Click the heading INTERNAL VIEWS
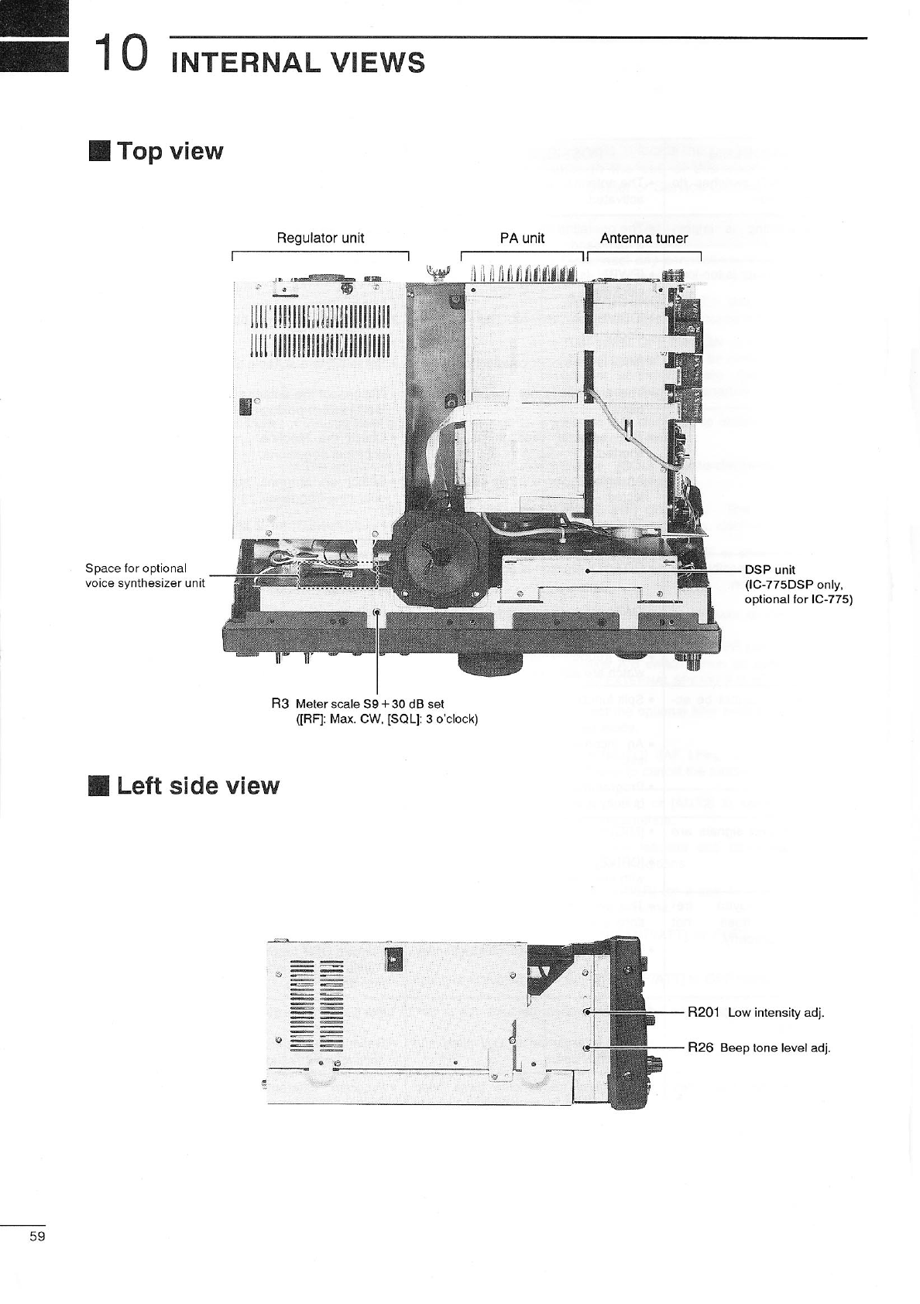click(x=298, y=62)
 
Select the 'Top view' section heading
click(x=170, y=151)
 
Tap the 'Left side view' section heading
click(x=197, y=786)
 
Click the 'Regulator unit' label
click(x=320, y=238)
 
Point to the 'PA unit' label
click(x=522, y=238)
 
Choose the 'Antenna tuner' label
click(x=644, y=238)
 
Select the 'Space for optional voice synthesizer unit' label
click(x=145, y=575)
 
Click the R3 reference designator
click(x=280, y=703)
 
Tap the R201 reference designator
click(x=704, y=1012)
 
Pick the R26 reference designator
click(x=700, y=1048)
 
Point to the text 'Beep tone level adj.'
click(x=775, y=1048)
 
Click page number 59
click(x=37, y=1236)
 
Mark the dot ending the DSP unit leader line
click(x=589, y=571)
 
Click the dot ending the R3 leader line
click(x=376, y=613)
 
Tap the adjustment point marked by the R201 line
click(x=587, y=1011)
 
